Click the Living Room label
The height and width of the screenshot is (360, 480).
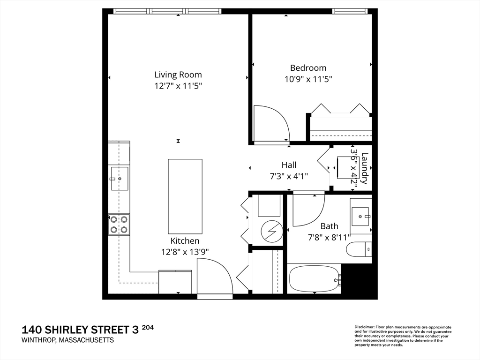[x=178, y=75]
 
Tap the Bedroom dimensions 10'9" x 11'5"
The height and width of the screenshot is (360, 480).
[x=308, y=79]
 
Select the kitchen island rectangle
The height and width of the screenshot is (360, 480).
[x=185, y=196]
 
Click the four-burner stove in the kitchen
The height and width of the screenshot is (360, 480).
[x=119, y=225]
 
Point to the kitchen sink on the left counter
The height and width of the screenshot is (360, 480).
[x=119, y=179]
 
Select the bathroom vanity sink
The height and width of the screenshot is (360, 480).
[x=361, y=216]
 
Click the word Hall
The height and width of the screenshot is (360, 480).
[x=289, y=165]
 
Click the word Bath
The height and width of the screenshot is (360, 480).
[x=329, y=226]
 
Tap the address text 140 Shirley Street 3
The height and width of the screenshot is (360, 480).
[x=80, y=330]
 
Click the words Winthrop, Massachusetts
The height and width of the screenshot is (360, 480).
[x=67, y=340]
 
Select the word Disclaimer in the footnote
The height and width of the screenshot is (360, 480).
[x=364, y=327]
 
